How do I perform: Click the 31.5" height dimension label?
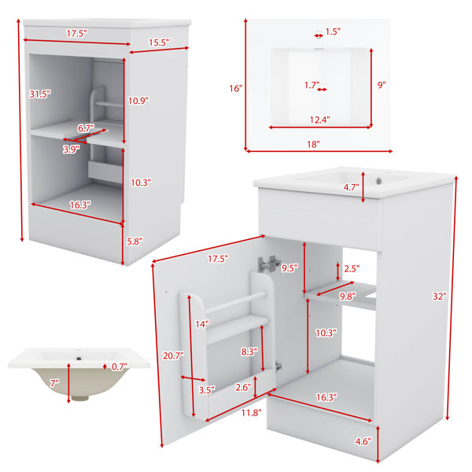40,94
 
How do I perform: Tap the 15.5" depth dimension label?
159,42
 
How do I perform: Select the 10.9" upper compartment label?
138,101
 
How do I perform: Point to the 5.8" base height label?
135,242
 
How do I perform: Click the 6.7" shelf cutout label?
86,128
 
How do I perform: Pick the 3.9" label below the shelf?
72,149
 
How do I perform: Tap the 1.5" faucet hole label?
333,31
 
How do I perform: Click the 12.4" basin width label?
320,120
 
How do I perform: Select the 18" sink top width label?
313,144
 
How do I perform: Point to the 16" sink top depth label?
236,88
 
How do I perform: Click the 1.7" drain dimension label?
312,85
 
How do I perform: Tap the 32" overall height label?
440,297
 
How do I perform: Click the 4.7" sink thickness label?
352,187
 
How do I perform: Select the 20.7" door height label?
173,356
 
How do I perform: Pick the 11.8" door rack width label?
252,412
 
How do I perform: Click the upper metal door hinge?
268,264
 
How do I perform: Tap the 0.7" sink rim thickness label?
120,367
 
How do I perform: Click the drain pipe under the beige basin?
80,397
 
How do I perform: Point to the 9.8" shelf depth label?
348,297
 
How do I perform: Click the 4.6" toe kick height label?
363,441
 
